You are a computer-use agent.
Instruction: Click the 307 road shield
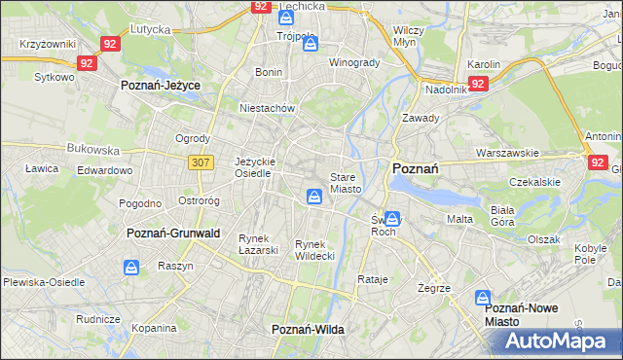click(202, 162)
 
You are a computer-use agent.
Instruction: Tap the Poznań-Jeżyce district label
click(161, 86)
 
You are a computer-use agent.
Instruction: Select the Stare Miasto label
click(346, 183)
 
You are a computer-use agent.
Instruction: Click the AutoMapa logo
click(555, 342)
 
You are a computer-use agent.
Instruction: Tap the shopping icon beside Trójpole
click(310, 44)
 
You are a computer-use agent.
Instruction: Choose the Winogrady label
click(353, 63)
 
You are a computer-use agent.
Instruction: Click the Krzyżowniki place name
click(48, 45)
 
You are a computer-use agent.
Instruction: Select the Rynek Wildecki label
click(315, 250)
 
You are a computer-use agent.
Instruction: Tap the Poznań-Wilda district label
click(308, 330)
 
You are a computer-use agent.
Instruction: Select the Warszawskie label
click(507, 153)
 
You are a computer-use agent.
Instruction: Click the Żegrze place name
click(433, 289)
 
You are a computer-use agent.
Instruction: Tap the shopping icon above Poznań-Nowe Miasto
click(482, 298)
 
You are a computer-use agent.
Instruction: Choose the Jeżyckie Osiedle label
click(257, 167)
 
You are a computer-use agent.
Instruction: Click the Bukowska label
click(92, 151)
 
